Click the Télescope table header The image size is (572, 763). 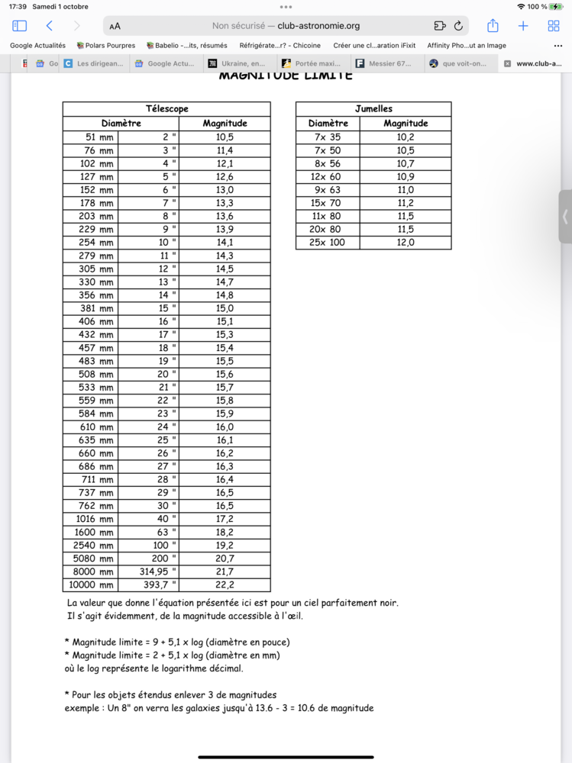pos(166,109)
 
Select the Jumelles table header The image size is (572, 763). pos(373,109)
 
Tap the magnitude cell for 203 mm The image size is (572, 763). pos(225,216)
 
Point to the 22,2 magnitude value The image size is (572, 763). pos(225,585)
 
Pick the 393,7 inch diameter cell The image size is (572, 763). pos(148,585)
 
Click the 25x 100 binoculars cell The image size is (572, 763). pos(328,243)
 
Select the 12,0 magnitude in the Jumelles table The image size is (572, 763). pos(406,243)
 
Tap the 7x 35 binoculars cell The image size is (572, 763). pos(328,137)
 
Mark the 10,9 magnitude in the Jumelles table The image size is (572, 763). pos(406,177)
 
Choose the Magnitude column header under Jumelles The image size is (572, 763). pos(406,124)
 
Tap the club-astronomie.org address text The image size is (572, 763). pos(318,25)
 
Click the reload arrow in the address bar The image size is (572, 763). pos(458,25)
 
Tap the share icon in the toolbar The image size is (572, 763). pos(493,25)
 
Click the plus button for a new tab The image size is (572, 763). pos(523,25)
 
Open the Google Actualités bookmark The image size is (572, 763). pos(37,46)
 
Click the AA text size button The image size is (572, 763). pos(115,26)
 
